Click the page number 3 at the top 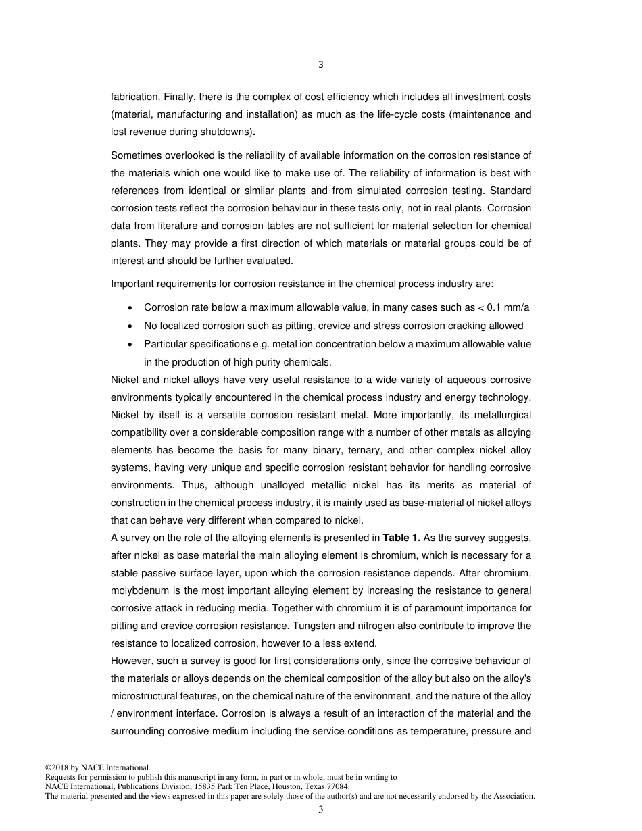click(321, 65)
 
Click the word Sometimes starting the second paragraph click(135, 155)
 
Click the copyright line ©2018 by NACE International click(97, 768)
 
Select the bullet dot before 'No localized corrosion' click(130, 326)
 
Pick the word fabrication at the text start click(134, 97)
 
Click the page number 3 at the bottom click(321, 810)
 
